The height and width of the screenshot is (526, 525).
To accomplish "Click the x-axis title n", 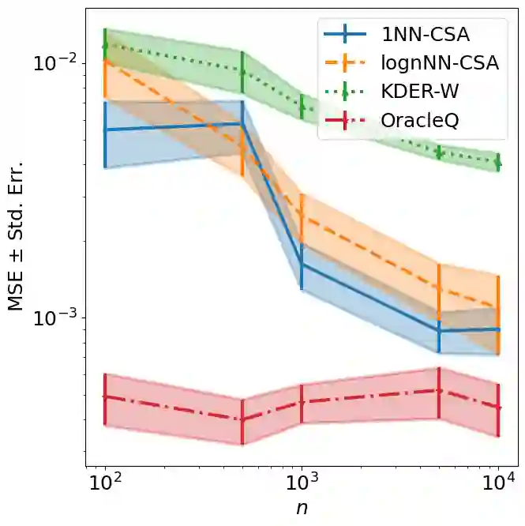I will coord(302,509).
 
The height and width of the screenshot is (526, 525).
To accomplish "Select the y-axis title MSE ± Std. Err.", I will coord(17,238).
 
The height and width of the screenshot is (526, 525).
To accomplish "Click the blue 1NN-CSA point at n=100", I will coord(104,130).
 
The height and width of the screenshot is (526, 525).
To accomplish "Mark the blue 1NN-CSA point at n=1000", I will coord(302,264).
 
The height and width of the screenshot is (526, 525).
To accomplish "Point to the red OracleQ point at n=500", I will coord(242,419).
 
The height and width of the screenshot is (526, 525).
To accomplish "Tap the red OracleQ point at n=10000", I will coord(499,408).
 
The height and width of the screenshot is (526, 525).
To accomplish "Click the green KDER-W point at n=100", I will coord(104,45).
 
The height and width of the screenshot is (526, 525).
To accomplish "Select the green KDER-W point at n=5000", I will coord(439,152).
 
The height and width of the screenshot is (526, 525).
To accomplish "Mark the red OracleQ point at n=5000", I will coord(439,390).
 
